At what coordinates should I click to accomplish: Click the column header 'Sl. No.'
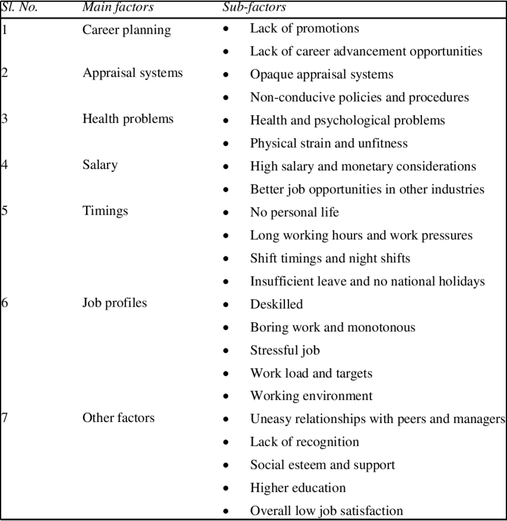tap(20, 7)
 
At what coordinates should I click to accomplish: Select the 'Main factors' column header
tap(118, 7)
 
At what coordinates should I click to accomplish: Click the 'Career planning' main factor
tap(126, 29)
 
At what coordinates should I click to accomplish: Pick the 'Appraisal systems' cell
tap(132, 73)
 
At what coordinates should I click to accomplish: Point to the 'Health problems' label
tap(128, 119)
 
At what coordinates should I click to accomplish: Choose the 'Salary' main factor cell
tap(100, 165)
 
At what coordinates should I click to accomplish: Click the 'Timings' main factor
tap(105, 211)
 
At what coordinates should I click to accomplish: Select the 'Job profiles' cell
tap(115, 303)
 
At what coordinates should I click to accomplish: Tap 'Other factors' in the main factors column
tap(118, 418)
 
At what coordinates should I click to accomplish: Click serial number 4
tap(4, 165)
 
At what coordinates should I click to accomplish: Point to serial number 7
tap(4, 418)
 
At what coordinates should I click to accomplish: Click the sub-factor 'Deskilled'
tap(276, 304)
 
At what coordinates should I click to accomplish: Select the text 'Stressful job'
tap(284, 350)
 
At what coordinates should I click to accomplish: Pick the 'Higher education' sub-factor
tap(297, 488)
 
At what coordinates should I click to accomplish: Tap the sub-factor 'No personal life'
tap(294, 212)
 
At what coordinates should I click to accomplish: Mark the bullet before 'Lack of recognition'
tap(226, 443)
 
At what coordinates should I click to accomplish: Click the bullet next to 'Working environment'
tap(226, 397)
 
